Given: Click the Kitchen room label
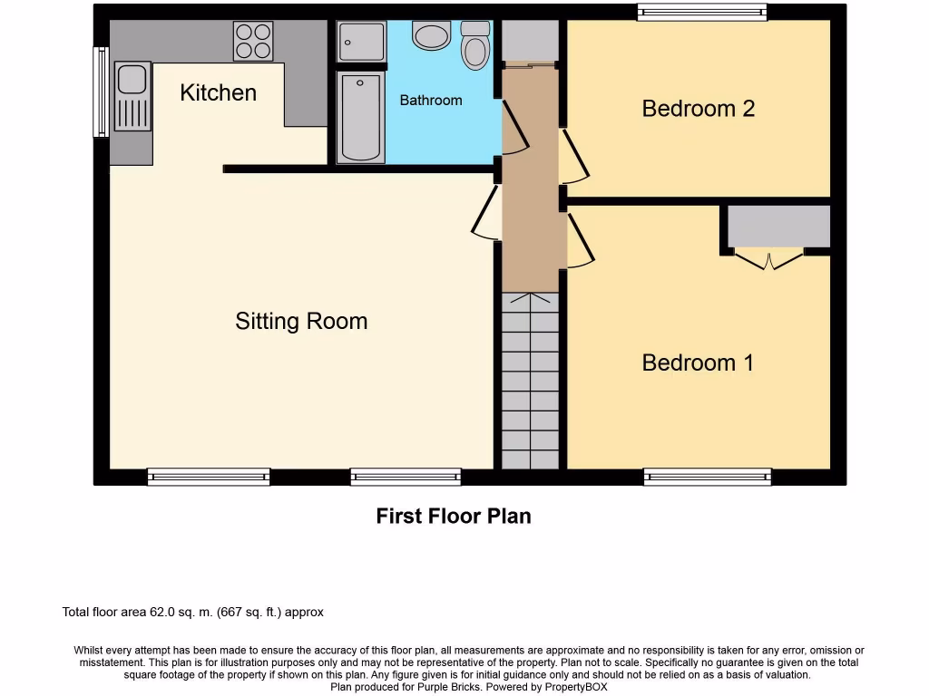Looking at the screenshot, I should (x=218, y=92).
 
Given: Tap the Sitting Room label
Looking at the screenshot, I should (x=301, y=321).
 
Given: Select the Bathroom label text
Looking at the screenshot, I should (x=431, y=101).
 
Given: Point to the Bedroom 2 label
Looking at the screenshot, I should (x=698, y=109).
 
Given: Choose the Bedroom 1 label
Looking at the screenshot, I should (x=698, y=362).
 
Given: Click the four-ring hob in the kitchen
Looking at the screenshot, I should (x=253, y=41).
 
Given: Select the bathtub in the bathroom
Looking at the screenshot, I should (x=360, y=118).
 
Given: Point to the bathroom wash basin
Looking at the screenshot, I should (x=431, y=35).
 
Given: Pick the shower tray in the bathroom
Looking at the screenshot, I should (x=361, y=42).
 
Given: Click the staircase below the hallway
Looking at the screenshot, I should (x=530, y=381).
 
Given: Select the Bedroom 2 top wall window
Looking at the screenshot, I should (x=701, y=12).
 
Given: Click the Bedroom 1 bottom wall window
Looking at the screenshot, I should (x=708, y=477).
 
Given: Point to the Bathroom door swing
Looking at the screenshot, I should (x=513, y=127).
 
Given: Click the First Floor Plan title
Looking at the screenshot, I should (x=454, y=517).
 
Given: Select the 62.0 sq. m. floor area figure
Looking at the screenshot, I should (x=180, y=613).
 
